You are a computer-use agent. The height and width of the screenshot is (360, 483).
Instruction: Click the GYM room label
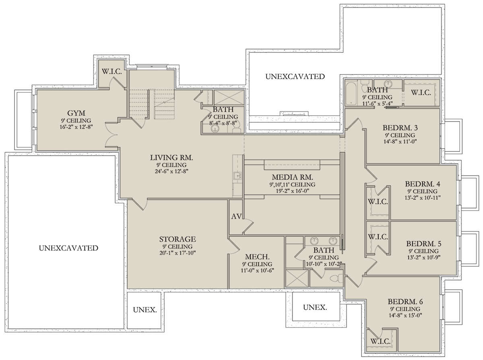[x=76, y=113]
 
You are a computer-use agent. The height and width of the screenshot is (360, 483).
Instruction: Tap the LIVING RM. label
[x=171, y=157]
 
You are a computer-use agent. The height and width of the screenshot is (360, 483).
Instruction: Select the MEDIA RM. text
[x=292, y=177]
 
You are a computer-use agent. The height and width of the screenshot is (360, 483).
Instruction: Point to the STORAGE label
[x=178, y=239]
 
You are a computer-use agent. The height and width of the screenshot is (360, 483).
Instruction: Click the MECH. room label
[x=257, y=257]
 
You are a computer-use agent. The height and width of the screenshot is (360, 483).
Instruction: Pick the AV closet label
[x=236, y=216]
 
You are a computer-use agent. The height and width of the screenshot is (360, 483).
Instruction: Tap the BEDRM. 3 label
[x=400, y=128]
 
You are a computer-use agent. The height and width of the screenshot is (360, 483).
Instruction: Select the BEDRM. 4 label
[x=423, y=184]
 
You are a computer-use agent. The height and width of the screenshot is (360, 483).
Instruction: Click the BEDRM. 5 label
[x=423, y=244]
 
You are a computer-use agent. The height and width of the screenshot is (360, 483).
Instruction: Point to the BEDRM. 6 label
[x=405, y=302]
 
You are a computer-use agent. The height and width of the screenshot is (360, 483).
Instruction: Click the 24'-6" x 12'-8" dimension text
[x=171, y=171]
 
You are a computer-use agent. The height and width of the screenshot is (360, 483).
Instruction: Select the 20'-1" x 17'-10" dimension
[x=178, y=253]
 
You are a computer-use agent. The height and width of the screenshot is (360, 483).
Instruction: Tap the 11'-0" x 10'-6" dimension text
[x=257, y=271]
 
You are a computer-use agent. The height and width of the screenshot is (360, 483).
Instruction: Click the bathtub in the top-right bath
[x=351, y=93]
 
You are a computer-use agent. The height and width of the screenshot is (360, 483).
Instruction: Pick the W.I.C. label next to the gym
[x=112, y=72]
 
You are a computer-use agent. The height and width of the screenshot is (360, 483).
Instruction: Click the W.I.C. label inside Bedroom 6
[x=380, y=341]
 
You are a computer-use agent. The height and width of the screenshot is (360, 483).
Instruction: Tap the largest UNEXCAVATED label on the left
[x=68, y=248]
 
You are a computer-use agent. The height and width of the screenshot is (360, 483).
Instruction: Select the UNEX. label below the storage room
[x=145, y=310]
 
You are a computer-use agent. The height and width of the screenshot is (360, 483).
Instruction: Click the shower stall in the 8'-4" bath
[x=229, y=97]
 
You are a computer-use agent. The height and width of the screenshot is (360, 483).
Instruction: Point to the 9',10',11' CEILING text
[x=292, y=184]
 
